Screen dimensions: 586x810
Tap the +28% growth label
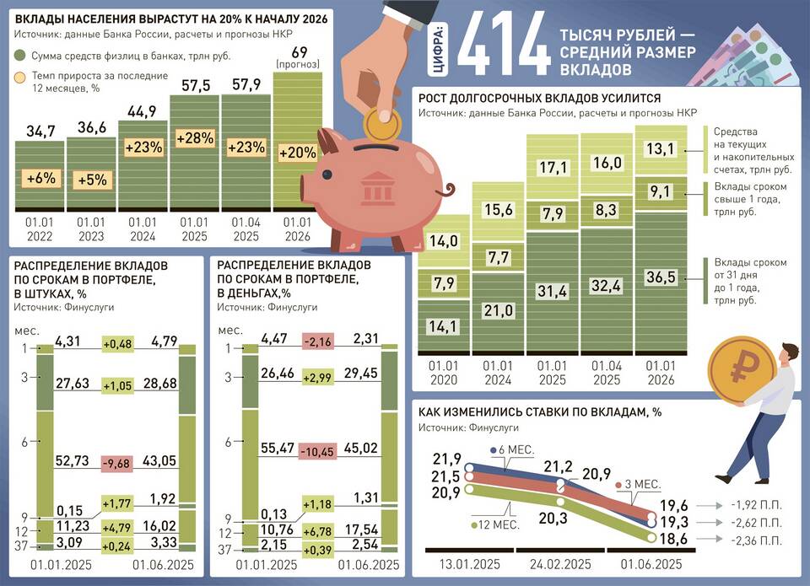coord(194,139)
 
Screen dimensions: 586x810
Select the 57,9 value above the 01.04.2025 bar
coord(246,84)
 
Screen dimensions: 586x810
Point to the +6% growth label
coord(40,179)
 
